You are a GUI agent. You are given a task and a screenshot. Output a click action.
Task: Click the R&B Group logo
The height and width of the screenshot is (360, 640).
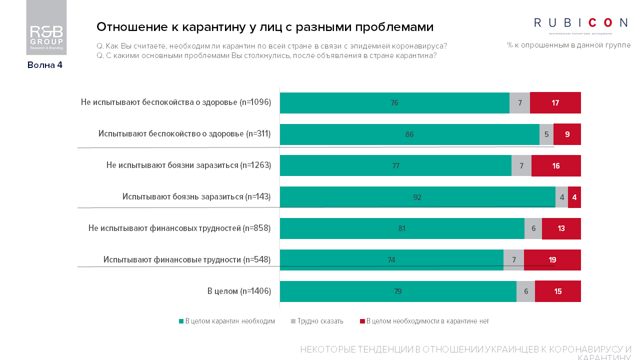[46, 27]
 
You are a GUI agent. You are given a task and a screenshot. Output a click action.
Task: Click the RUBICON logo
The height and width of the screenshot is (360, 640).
[580, 23]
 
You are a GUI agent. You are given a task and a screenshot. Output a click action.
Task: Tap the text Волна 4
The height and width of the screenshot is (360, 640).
[45, 65]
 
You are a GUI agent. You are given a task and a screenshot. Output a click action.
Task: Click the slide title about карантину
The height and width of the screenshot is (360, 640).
[264, 26]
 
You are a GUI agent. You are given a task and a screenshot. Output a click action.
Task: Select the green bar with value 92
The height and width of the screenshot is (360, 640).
[417, 197]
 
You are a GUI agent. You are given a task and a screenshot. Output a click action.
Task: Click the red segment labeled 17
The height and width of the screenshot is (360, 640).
[555, 103]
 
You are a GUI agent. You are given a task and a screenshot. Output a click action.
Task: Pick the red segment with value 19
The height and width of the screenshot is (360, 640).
[552, 260]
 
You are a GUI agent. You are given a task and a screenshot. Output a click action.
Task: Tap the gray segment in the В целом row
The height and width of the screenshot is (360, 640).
[525, 291]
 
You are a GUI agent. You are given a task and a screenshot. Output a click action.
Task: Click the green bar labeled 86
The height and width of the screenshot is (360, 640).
[409, 134]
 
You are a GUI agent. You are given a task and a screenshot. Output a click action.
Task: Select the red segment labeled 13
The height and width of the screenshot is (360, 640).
[561, 228]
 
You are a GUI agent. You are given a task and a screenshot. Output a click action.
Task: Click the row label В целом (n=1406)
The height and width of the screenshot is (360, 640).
[239, 291]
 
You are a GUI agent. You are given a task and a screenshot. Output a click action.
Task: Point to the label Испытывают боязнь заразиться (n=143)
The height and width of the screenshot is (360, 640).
[196, 197]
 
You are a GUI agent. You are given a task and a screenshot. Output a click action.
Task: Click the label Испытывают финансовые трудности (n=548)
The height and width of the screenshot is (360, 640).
[187, 260]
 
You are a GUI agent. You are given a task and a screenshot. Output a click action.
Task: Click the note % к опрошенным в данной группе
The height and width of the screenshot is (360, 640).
[568, 45]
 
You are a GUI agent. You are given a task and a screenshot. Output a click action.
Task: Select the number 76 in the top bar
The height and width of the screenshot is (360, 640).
[394, 103]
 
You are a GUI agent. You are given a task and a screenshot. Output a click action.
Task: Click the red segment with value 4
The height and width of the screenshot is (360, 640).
[574, 197]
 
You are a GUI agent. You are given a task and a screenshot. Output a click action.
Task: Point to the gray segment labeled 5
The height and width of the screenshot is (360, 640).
[546, 134]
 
